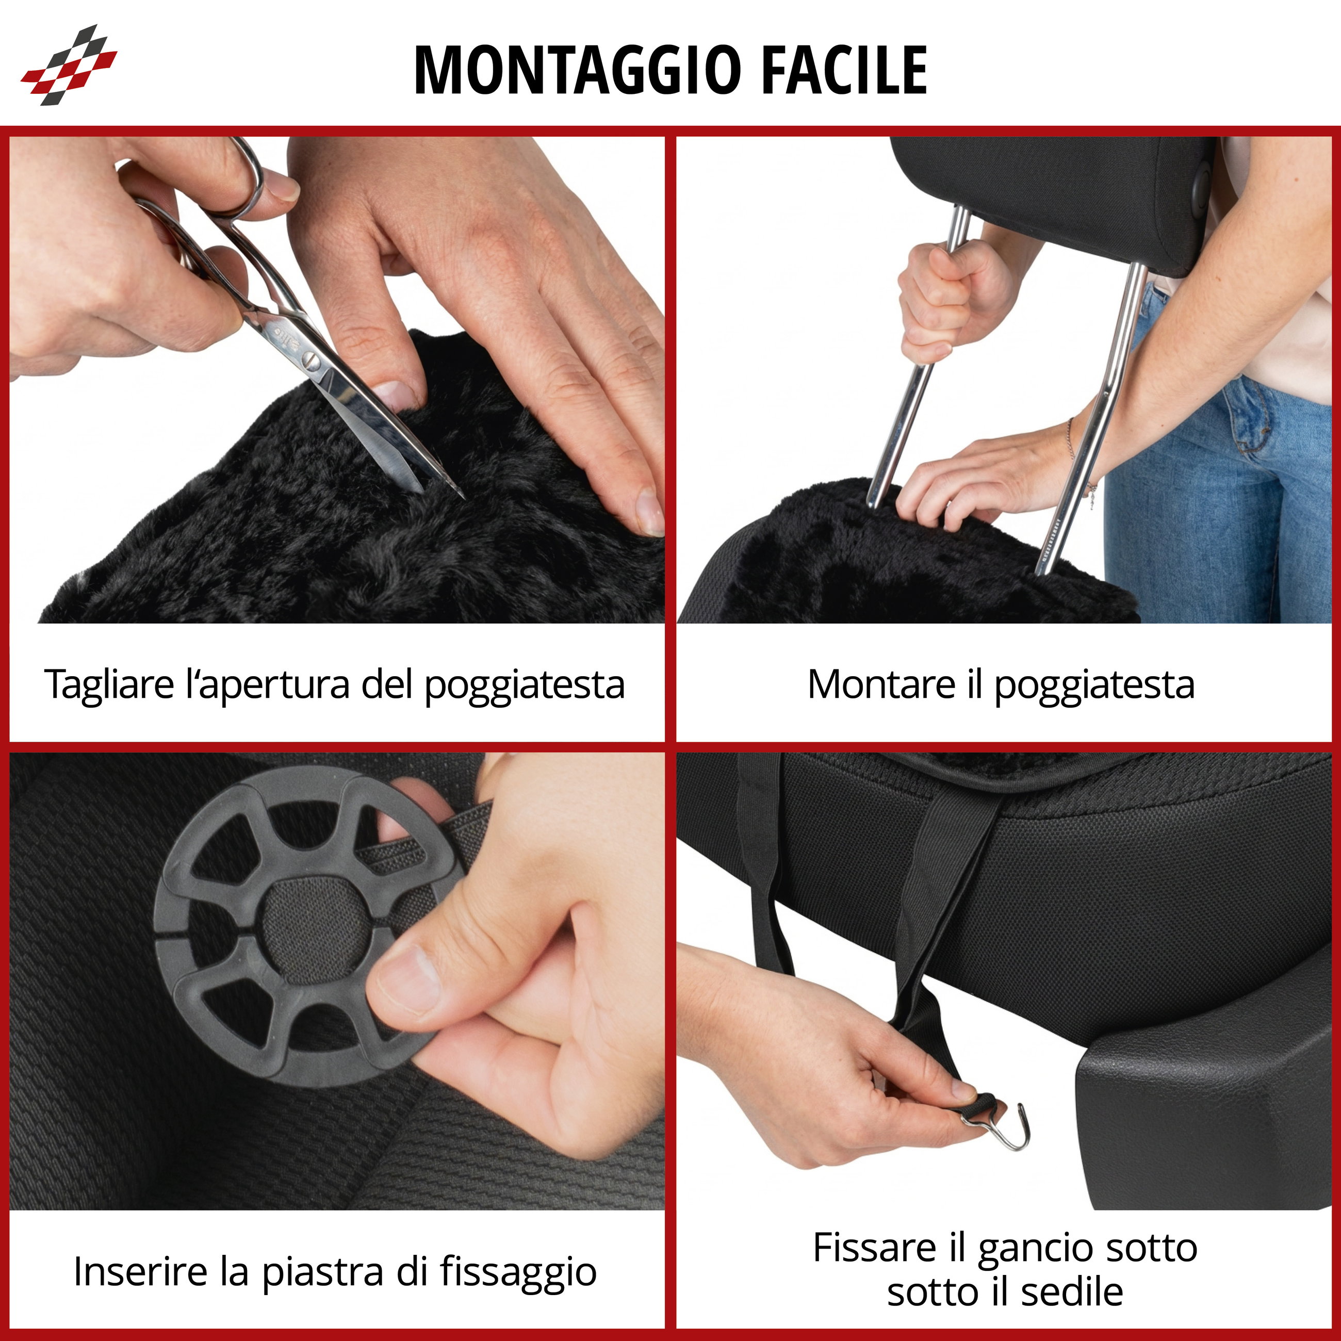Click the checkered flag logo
[68, 66]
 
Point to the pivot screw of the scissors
[310, 361]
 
